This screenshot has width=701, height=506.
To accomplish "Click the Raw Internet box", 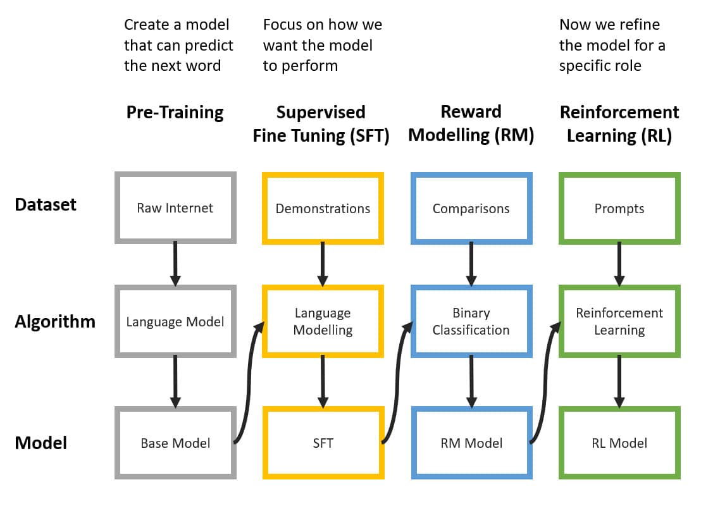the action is [x=175, y=208].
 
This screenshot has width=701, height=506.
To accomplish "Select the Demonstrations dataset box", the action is [x=323, y=208].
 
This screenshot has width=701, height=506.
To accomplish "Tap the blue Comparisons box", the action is [x=471, y=208].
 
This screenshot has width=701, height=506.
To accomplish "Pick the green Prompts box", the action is [x=619, y=208].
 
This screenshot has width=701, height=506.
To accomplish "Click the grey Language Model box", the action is [x=175, y=321].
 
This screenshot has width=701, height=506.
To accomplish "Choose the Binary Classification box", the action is [x=471, y=321].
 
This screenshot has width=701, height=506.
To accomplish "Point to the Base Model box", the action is [x=175, y=443].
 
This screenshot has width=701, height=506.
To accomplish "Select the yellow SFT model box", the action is [x=323, y=443].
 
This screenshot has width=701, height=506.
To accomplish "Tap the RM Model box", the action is [x=471, y=443].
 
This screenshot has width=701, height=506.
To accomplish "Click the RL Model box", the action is [x=619, y=443].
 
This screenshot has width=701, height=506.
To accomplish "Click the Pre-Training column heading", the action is [x=175, y=113].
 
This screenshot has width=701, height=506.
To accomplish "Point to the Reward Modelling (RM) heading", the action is [x=471, y=123].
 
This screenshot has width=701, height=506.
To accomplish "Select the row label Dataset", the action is [x=46, y=205].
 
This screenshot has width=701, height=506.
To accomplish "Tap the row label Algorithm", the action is [x=55, y=322].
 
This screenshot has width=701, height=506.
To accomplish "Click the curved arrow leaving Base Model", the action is [x=249, y=385].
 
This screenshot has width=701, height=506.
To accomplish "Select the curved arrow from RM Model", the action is [x=545, y=385].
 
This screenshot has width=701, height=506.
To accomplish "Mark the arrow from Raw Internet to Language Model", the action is [x=175, y=264].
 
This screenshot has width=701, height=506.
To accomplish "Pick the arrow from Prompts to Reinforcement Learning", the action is [x=619, y=264].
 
